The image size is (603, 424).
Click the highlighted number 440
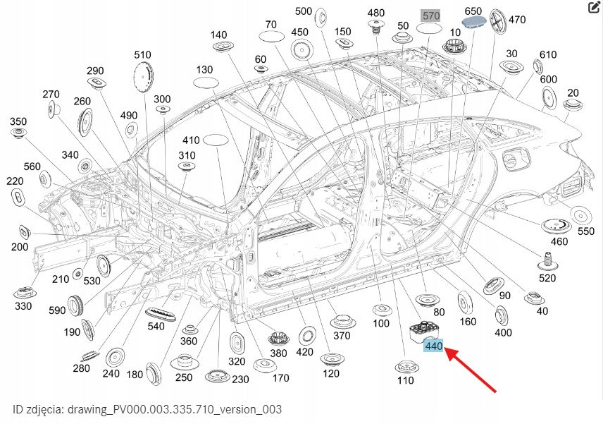click(433, 346)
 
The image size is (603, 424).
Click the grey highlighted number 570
click(430, 15)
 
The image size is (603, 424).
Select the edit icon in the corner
click(593, 8)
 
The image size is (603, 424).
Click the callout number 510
click(143, 54)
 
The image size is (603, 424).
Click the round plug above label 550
click(580, 214)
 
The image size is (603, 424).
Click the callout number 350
click(18, 121)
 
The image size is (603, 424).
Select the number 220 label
click(15, 181)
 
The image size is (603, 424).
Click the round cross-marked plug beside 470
click(497, 20)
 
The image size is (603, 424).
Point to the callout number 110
click(405, 380)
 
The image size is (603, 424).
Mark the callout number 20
click(573, 92)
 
